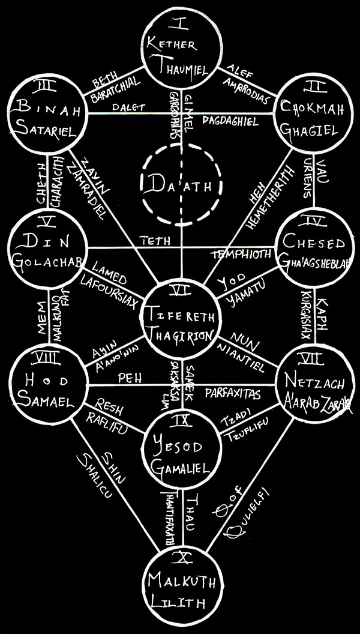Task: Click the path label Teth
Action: point(151,240)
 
